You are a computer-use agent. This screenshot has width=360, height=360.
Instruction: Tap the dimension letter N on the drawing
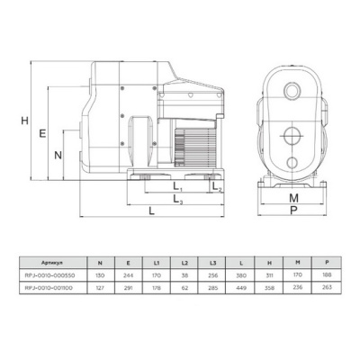[58, 155]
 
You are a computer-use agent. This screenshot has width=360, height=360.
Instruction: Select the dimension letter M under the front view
[292, 197]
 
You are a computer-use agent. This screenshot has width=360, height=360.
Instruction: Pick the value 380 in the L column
[241, 278]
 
